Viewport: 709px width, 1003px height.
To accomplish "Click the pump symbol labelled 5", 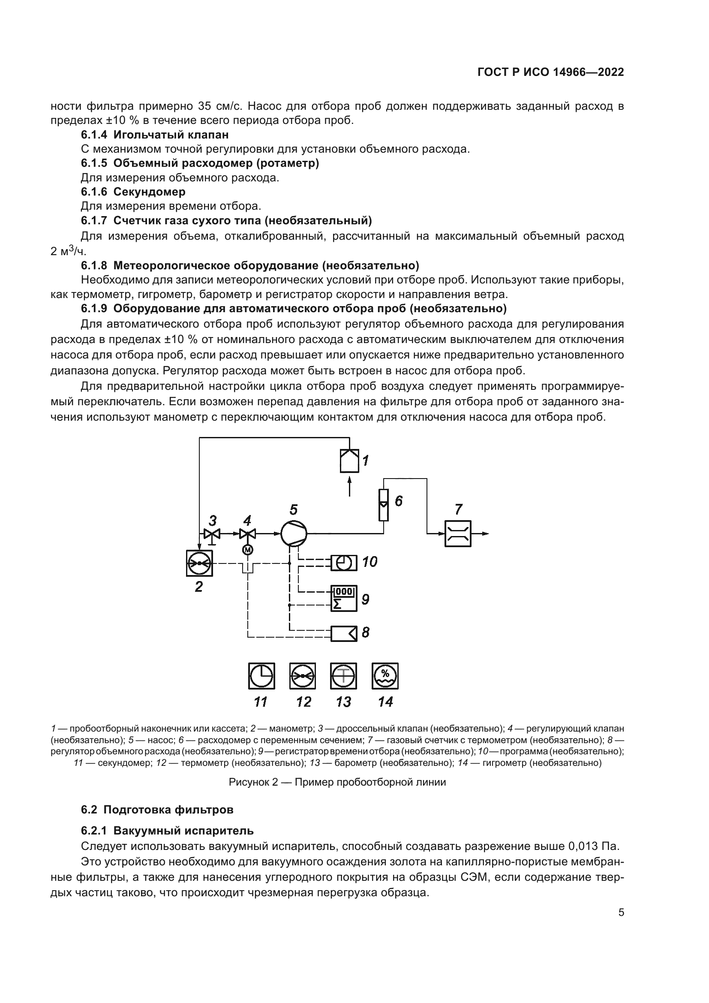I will [293, 533].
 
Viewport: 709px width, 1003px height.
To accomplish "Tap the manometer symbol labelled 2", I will [199, 563].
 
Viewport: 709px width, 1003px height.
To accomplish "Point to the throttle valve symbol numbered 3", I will [212, 534].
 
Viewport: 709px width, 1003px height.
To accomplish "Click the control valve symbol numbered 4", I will [247, 534].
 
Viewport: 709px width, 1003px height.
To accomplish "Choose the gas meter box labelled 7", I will [457, 533].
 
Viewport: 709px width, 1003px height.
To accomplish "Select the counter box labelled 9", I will [344, 598].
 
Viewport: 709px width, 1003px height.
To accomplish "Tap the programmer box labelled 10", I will [344, 563].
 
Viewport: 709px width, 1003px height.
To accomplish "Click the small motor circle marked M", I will [247, 550].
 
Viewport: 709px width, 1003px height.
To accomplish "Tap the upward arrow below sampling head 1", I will [349, 486].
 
